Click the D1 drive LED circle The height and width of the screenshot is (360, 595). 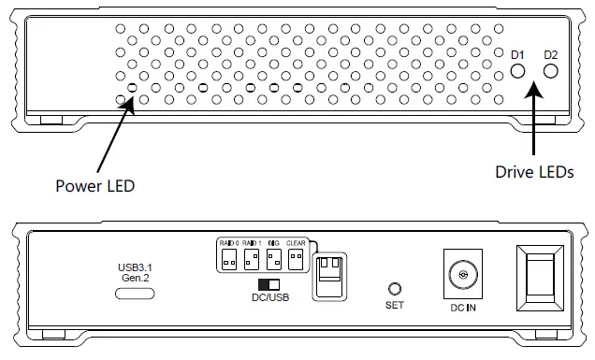518,71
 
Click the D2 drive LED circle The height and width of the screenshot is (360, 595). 551,71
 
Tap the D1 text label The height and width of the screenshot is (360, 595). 517,54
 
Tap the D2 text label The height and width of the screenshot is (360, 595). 551,54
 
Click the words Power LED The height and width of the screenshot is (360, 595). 94,185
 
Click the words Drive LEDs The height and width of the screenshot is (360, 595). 533,172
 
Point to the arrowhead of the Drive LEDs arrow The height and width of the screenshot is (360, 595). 534,85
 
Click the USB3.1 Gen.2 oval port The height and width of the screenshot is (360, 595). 134,294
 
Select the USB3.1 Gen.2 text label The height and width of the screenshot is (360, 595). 135,273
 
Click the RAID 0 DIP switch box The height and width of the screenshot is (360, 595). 228,257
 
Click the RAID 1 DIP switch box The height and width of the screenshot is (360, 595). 251,257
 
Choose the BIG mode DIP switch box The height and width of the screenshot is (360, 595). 274,257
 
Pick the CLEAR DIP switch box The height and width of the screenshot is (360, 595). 296,257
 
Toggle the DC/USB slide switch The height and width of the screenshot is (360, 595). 269,282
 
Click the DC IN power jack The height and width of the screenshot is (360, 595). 459,277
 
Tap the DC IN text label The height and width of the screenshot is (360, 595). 459,308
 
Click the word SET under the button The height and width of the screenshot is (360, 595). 394,306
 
